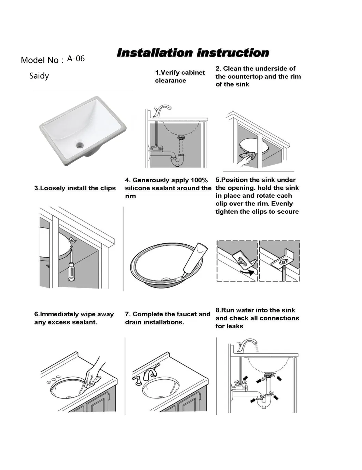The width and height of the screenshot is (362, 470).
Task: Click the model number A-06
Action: [x=76, y=59]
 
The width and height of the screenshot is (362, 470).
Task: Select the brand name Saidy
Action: [x=39, y=76]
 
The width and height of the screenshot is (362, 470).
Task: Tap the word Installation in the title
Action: [x=155, y=53]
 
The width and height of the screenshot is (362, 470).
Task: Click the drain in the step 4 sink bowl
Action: [x=166, y=279]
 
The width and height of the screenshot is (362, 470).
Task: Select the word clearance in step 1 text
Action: [x=170, y=81]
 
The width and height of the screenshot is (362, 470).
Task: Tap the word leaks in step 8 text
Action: [x=236, y=326]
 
